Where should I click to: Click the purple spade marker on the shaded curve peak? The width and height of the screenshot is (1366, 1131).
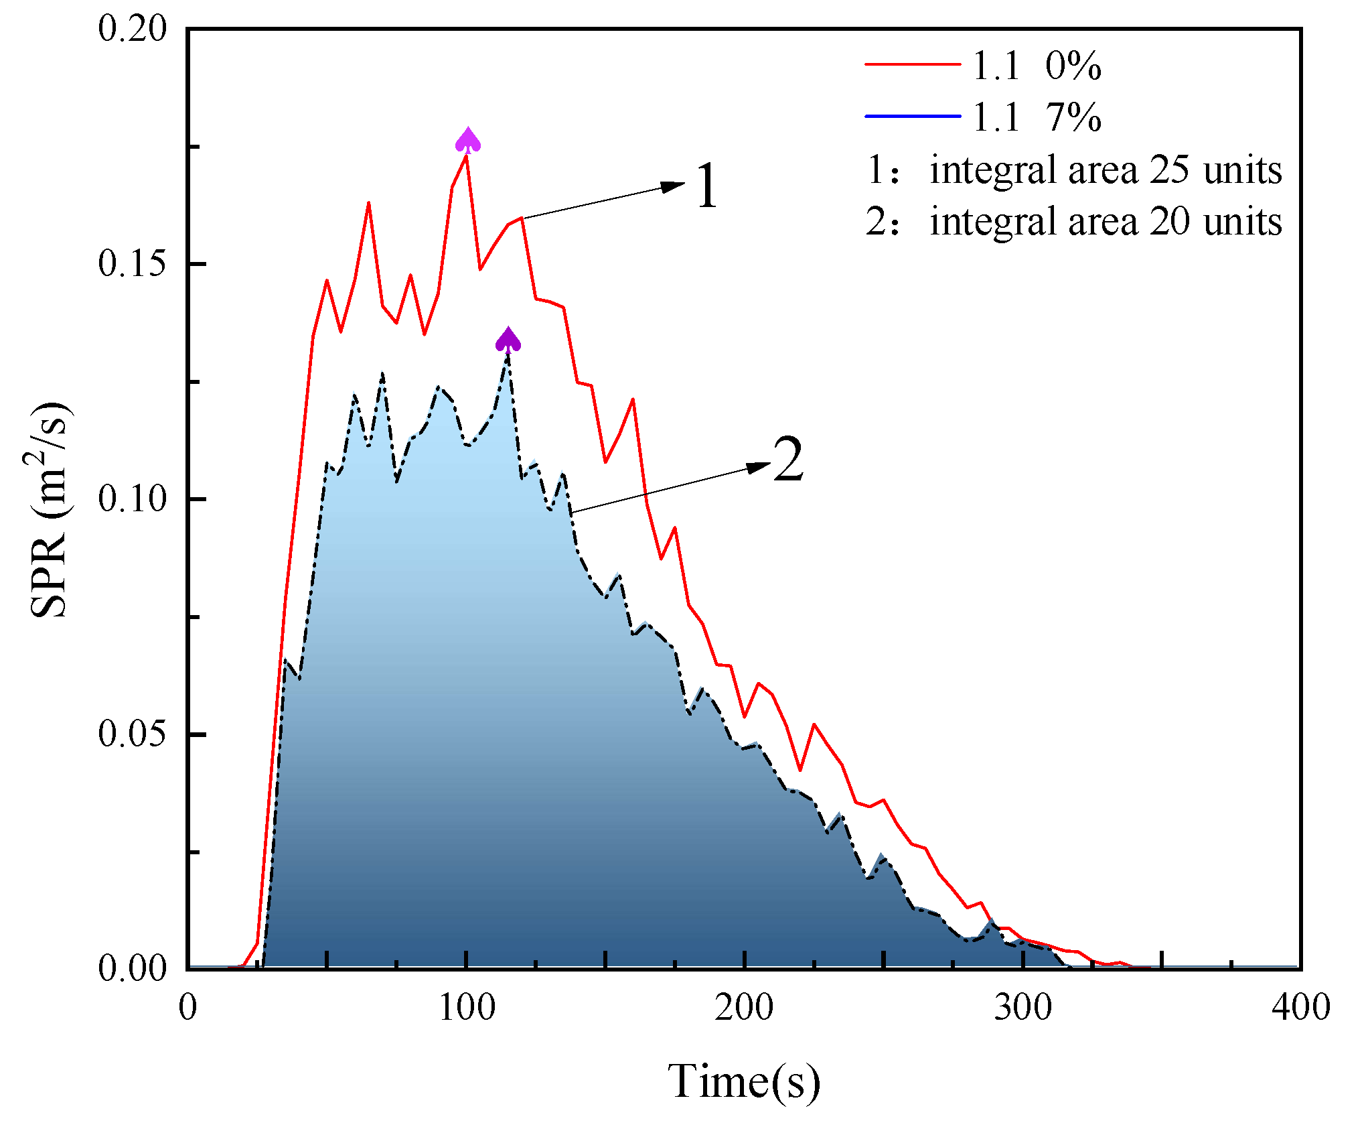click(508, 340)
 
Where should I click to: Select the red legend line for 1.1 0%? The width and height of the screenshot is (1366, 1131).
click(913, 64)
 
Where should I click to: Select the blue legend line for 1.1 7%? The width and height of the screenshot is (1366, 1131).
click(913, 116)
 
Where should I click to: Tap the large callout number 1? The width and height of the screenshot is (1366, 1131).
click(706, 186)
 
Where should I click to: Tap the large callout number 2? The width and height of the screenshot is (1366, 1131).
click(787, 460)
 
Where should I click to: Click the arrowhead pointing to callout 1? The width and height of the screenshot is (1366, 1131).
click(672, 186)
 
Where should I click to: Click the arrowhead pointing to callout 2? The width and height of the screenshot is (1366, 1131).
click(758, 466)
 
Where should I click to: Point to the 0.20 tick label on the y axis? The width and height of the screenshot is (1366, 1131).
click(132, 29)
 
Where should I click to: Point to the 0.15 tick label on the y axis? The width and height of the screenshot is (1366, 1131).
click(132, 264)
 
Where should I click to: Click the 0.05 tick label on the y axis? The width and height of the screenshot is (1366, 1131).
click(132, 734)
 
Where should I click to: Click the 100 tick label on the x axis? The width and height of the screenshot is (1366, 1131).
click(467, 1008)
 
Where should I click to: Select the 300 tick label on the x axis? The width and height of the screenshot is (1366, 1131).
click(1022, 1008)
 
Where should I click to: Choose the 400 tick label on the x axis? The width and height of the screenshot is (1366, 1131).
click(1300, 1008)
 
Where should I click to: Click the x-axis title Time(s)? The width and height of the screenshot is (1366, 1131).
click(743, 1081)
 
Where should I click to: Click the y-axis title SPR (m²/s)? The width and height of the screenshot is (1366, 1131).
click(50, 509)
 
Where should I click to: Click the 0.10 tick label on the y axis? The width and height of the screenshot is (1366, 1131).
click(132, 499)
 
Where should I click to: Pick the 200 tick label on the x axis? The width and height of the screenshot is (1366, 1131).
click(744, 1008)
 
